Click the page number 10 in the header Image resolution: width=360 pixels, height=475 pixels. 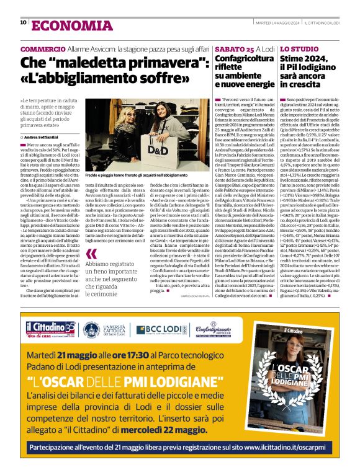click(24, 23)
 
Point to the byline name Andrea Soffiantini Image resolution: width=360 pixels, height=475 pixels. click(48, 136)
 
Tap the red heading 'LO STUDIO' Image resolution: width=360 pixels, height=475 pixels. click(297, 48)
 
